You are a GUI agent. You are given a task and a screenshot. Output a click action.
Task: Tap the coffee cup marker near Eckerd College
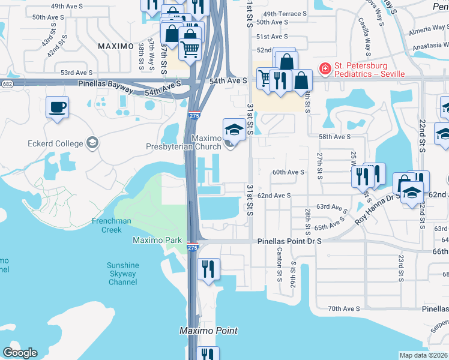[58, 108]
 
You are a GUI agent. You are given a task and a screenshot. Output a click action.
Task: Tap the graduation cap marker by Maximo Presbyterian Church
[234, 130]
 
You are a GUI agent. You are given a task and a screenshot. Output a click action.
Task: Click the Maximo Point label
[209, 331]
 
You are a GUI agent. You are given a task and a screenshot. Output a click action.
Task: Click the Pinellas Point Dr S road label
[289, 241]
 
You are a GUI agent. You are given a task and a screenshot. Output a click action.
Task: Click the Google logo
[20, 352]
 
